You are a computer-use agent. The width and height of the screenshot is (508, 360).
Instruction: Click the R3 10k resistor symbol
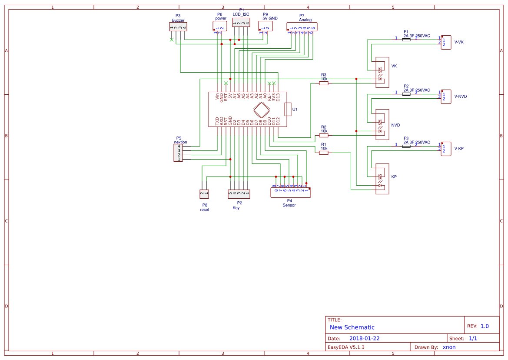(324, 83)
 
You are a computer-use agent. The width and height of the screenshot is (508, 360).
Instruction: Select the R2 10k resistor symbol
(324, 135)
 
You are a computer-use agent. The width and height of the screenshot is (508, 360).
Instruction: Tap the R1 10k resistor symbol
(324, 153)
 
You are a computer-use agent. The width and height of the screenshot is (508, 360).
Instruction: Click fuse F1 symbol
(406, 40)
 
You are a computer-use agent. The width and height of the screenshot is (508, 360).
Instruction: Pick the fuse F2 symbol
(406, 93)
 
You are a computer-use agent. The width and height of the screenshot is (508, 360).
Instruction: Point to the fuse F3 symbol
(406, 146)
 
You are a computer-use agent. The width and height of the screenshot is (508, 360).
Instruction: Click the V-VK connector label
(459, 42)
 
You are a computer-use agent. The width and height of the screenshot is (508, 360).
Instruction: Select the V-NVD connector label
(461, 97)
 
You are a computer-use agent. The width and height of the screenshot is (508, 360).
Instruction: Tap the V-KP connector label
(459, 149)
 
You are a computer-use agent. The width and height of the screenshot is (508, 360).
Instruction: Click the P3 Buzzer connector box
(179, 27)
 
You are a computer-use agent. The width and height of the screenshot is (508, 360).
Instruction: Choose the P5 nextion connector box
(178, 153)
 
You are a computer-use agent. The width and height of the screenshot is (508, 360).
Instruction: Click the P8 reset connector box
(204, 193)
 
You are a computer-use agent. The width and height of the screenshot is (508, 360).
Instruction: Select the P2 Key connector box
(239, 193)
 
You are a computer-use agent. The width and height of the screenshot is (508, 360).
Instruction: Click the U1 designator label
(295, 110)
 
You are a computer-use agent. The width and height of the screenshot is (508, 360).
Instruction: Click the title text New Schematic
(352, 327)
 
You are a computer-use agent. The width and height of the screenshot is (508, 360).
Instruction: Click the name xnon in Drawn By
(449, 347)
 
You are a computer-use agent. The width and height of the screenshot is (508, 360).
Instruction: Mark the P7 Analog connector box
(302, 27)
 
